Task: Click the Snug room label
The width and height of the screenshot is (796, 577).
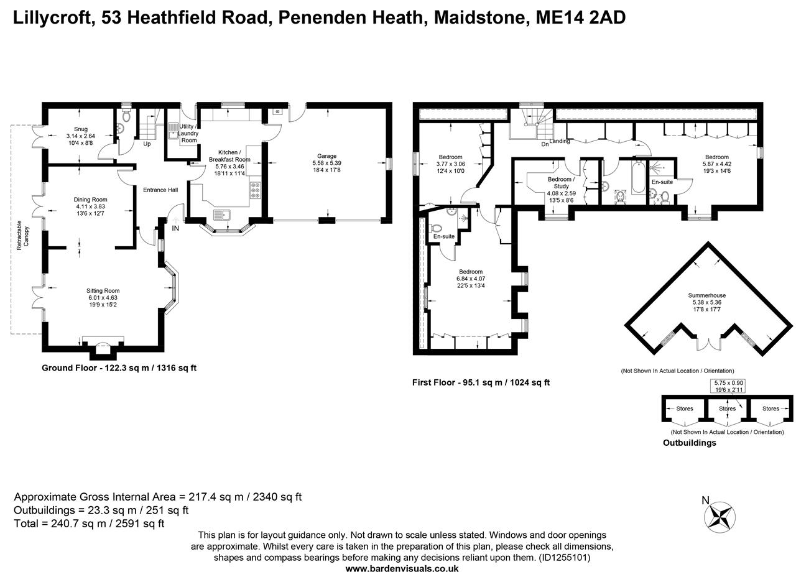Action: (81, 129)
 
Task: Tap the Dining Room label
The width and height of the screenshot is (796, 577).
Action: (91, 200)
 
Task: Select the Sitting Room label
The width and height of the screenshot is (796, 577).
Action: (103, 290)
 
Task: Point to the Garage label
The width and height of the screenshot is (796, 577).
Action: (326, 156)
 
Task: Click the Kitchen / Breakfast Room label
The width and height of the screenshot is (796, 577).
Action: (234, 155)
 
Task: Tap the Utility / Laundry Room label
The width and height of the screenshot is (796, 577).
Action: (188, 133)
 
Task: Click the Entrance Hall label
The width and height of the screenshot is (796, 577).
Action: (160, 190)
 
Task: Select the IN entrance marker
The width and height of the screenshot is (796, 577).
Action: (175, 229)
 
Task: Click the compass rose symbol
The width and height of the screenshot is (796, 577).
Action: (720, 517)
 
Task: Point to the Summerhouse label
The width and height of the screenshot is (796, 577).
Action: (706, 295)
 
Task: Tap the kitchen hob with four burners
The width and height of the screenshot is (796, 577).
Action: (256, 190)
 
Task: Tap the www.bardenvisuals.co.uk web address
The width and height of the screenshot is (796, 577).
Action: (402, 568)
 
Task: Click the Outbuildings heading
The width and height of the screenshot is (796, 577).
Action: (689, 443)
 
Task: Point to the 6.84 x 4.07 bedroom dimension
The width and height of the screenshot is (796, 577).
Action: (470, 279)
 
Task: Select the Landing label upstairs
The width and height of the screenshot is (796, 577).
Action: (559, 141)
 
